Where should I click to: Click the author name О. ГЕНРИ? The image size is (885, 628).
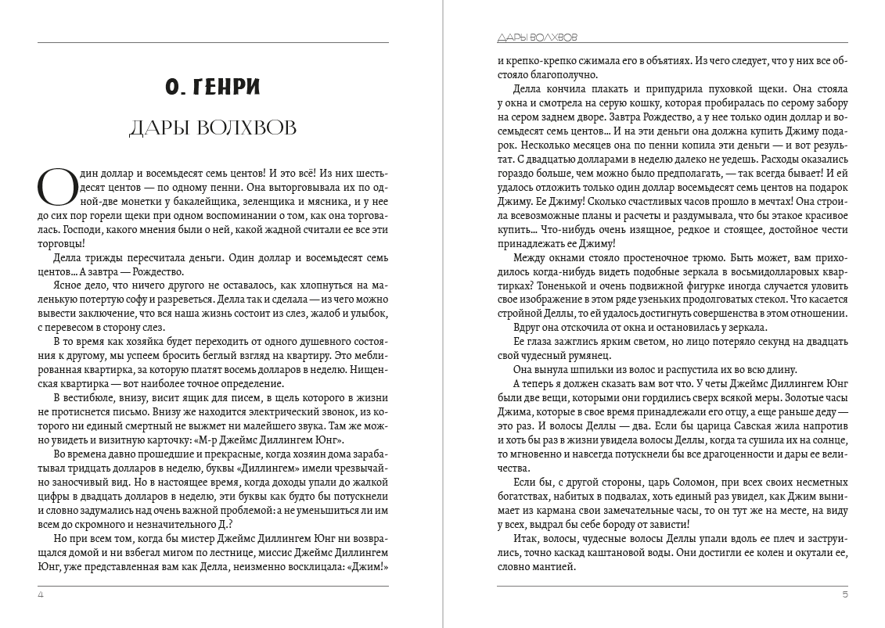tap(213, 87)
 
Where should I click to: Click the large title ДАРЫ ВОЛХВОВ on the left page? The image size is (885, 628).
tap(213, 127)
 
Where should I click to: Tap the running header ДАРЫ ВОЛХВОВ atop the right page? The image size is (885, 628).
tap(543, 37)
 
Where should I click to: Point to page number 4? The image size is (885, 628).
tap(41, 596)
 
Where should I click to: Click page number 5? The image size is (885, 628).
tap(845, 596)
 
